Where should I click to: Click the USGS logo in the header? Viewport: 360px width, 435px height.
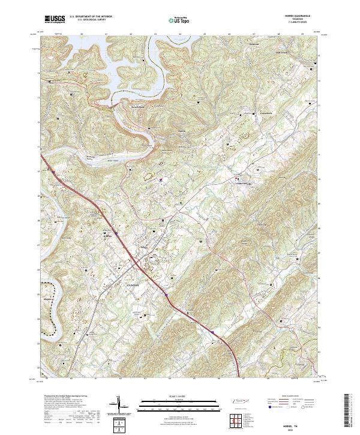[55, 20]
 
